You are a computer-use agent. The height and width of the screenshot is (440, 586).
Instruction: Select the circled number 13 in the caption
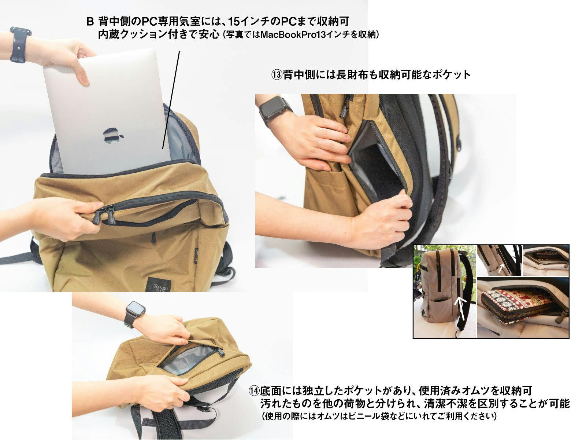pyautogui.click(x=277, y=75)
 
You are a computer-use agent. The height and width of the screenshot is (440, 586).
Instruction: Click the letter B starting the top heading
pyautogui.click(x=90, y=21)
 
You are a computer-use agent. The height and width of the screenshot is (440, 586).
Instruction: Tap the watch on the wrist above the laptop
pyautogui.click(x=19, y=45)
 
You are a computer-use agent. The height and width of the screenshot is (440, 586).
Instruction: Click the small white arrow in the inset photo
pyautogui.click(x=501, y=268)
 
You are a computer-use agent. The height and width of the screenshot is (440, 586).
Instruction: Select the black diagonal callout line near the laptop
pyautogui.click(x=171, y=100)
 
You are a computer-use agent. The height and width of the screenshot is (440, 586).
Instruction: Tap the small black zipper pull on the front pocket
pyautogui.click(x=153, y=238)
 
